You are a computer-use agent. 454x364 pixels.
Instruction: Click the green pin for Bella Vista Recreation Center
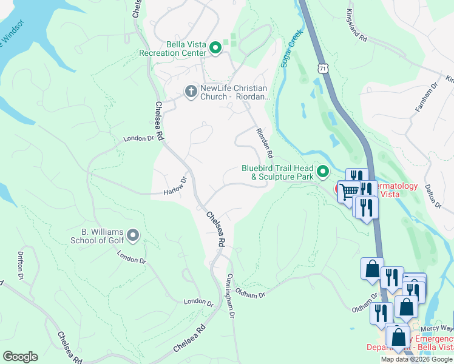[215, 48]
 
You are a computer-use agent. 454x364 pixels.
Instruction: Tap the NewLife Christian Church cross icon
[190, 92]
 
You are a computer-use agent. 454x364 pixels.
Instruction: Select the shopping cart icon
[348, 191]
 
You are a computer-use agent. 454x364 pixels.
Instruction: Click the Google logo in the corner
[20, 357]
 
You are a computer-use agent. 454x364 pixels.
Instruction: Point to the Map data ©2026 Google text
[416, 359]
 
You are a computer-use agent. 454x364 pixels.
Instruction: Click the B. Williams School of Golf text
[103, 236]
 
